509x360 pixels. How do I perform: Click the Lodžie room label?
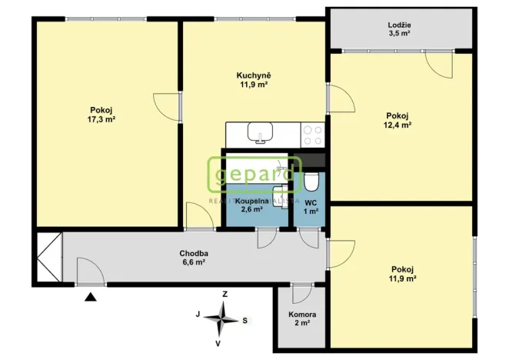(x=398, y=25)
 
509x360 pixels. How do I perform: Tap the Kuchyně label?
(x=252, y=75)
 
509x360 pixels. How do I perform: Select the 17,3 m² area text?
(x=101, y=119)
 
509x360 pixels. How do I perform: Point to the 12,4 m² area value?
(x=398, y=125)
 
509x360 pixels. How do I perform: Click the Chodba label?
(x=194, y=253)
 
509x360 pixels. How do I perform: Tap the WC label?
(x=310, y=202)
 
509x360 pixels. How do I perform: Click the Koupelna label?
(x=252, y=202)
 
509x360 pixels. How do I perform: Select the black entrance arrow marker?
(x=91, y=295)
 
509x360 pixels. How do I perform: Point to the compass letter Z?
(x=225, y=294)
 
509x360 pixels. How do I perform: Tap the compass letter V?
(x=219, y=342)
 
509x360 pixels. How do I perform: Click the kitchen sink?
(x=260, y=135)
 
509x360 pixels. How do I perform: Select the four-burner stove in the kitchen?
(x=312, y=135)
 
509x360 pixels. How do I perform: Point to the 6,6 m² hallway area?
(x=194, y=262)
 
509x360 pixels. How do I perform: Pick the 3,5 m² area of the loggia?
(x=398, y=35)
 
